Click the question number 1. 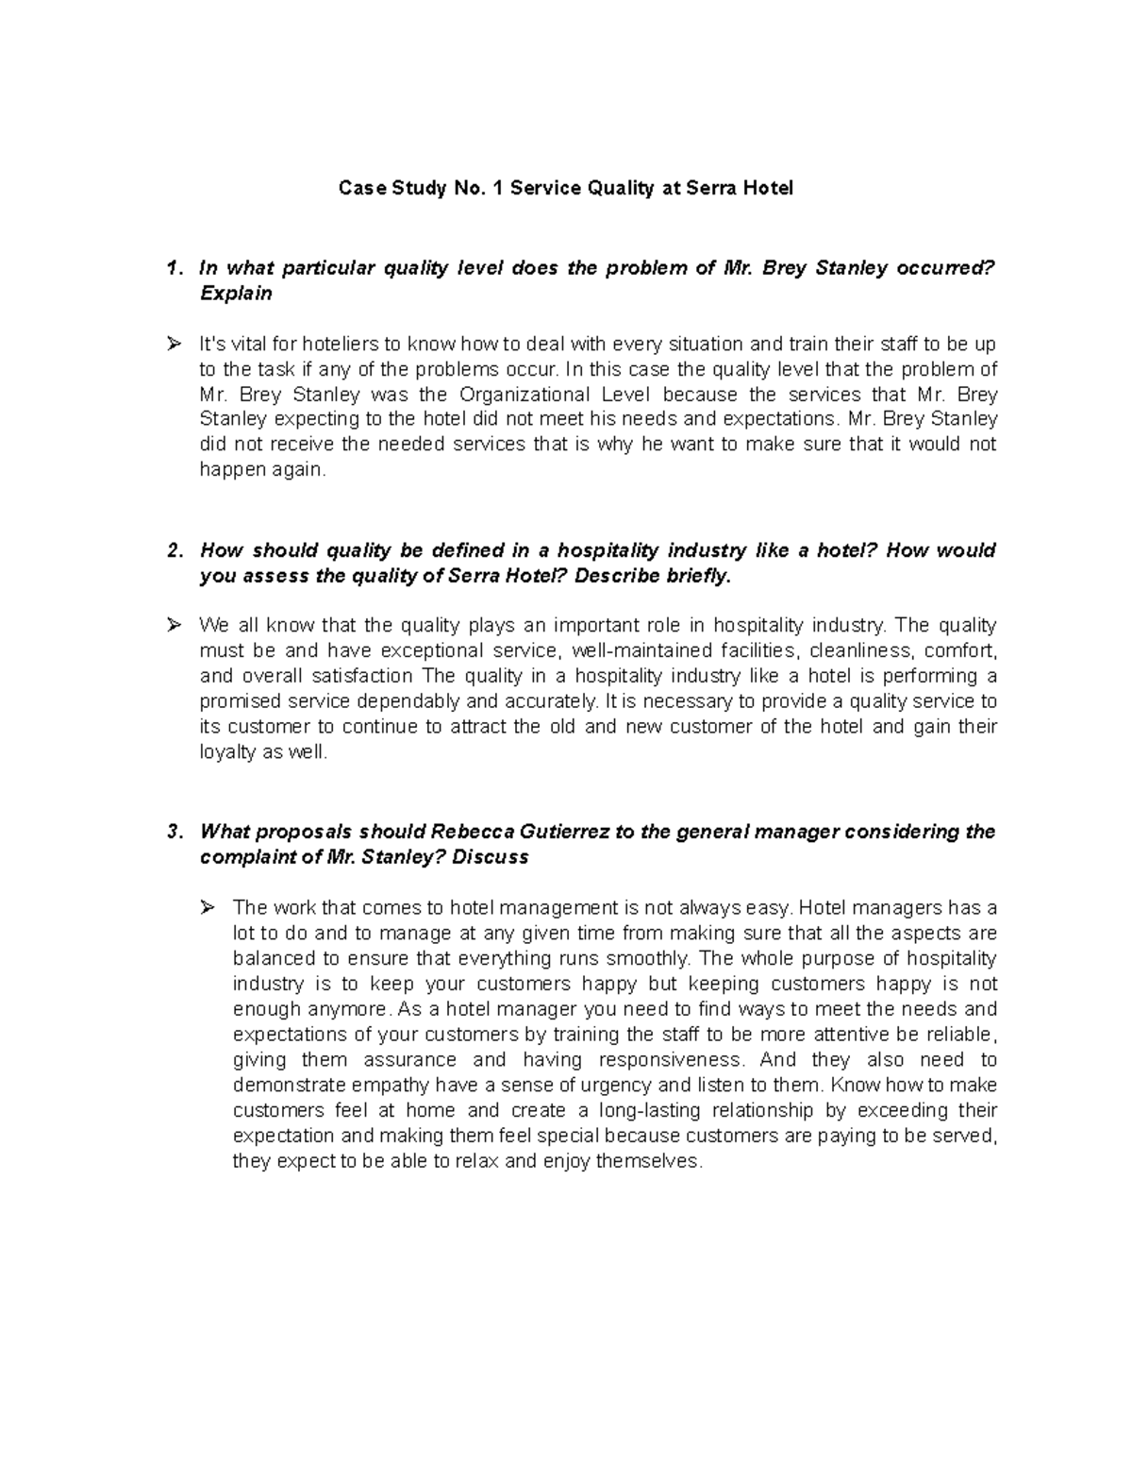pyautogui.click(x=170, y=268)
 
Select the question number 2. pyautogui.click(x=170, y=550)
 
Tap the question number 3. pyautogui.click(x=170, y=832)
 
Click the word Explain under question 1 pyautogui.click(x=236, y=294)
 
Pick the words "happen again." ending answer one pyautogui.click(x=262, y=470)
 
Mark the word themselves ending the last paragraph pyautogui.click(x=654, y=1161)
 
